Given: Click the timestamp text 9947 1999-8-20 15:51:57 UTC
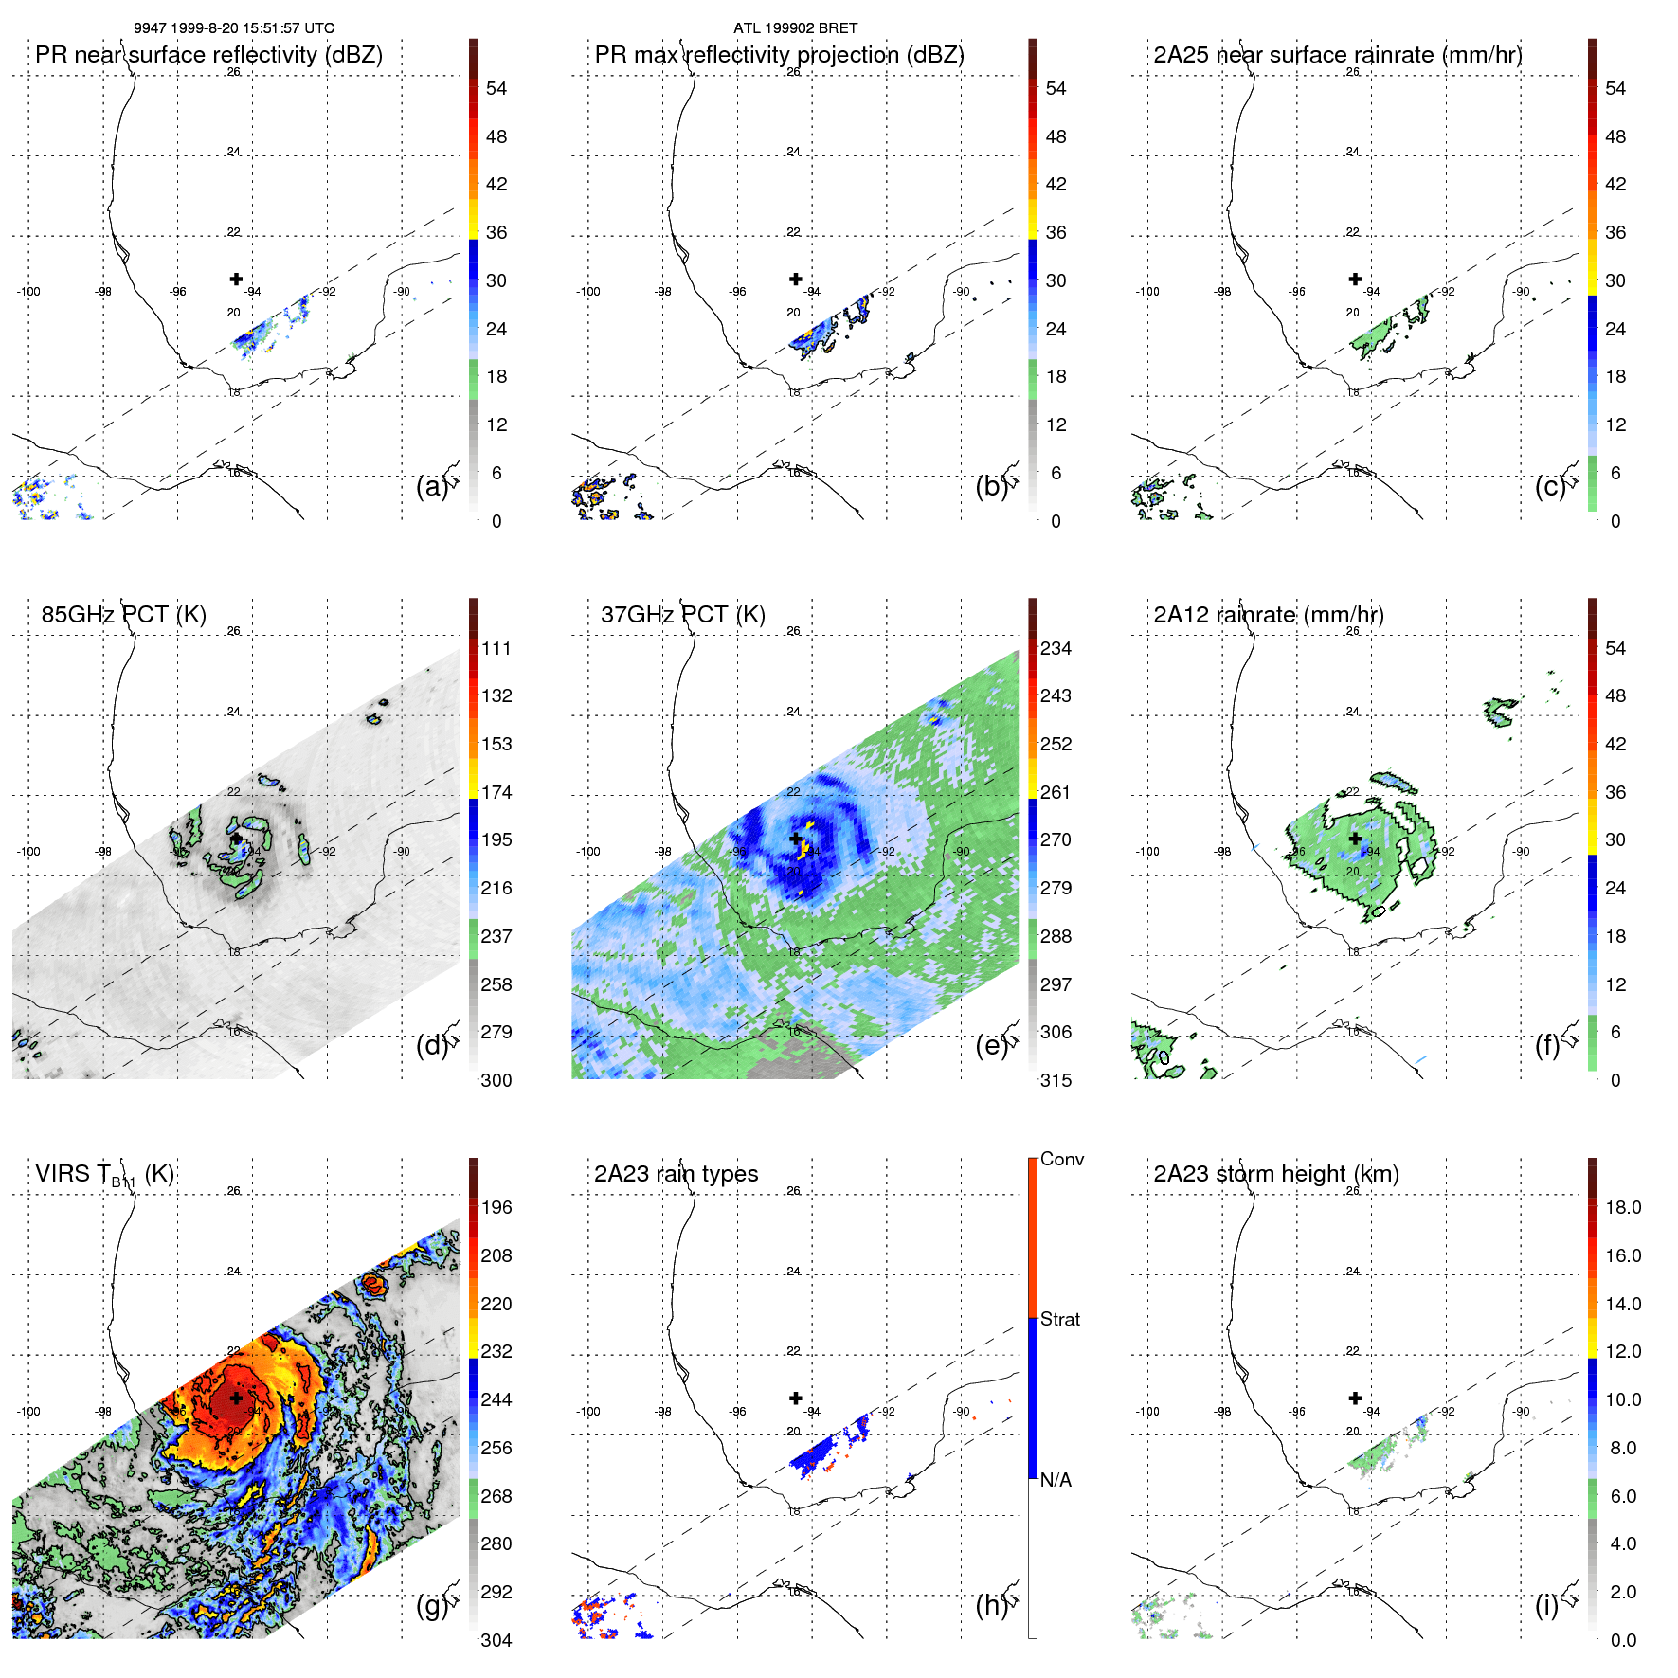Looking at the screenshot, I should [x=233, y=28].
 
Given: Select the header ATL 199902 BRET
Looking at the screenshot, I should [x=795, y=28].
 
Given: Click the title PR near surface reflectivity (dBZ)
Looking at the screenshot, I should [x=208, y=55].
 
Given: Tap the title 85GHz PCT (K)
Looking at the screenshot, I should [x=123, y=615].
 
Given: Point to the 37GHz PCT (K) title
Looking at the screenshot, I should [x=682, y=615].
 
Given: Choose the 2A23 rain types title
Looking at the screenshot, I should [x=676, y=1174].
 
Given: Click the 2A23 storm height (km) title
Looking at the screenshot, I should [x=1275, y=1174].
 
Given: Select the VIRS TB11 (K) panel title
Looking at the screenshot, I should [x=104, y=1175].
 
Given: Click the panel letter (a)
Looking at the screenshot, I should [x=431, y=486].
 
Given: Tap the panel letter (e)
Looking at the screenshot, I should [x=991, y=1046].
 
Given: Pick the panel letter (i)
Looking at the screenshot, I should [x=1546, y=1605].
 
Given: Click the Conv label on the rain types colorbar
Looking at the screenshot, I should [x=1062, y=1159].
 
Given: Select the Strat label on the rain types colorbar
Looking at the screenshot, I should [x=1060, y=1319].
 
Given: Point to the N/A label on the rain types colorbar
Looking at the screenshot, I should [x=1056, y=1480].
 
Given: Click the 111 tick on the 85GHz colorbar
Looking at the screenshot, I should [x=496, y=648].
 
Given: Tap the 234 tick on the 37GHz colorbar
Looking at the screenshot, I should [x=1056, y=648].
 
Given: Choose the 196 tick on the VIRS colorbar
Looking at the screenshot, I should [x=496, y=1207].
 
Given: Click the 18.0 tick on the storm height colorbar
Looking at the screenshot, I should [x=1623, y=1207].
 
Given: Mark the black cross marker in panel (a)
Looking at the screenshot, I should [x=236, y=279].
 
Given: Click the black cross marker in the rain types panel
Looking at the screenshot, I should [x=796, y=1398].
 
